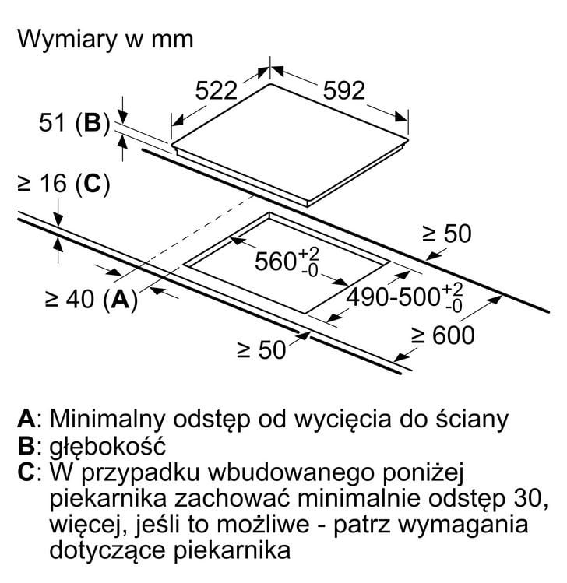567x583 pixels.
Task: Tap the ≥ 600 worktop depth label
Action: [x=442, y=335]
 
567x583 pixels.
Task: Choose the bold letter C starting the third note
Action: [x=26, y=472]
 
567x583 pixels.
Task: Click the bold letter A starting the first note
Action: [x=26, y=419]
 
